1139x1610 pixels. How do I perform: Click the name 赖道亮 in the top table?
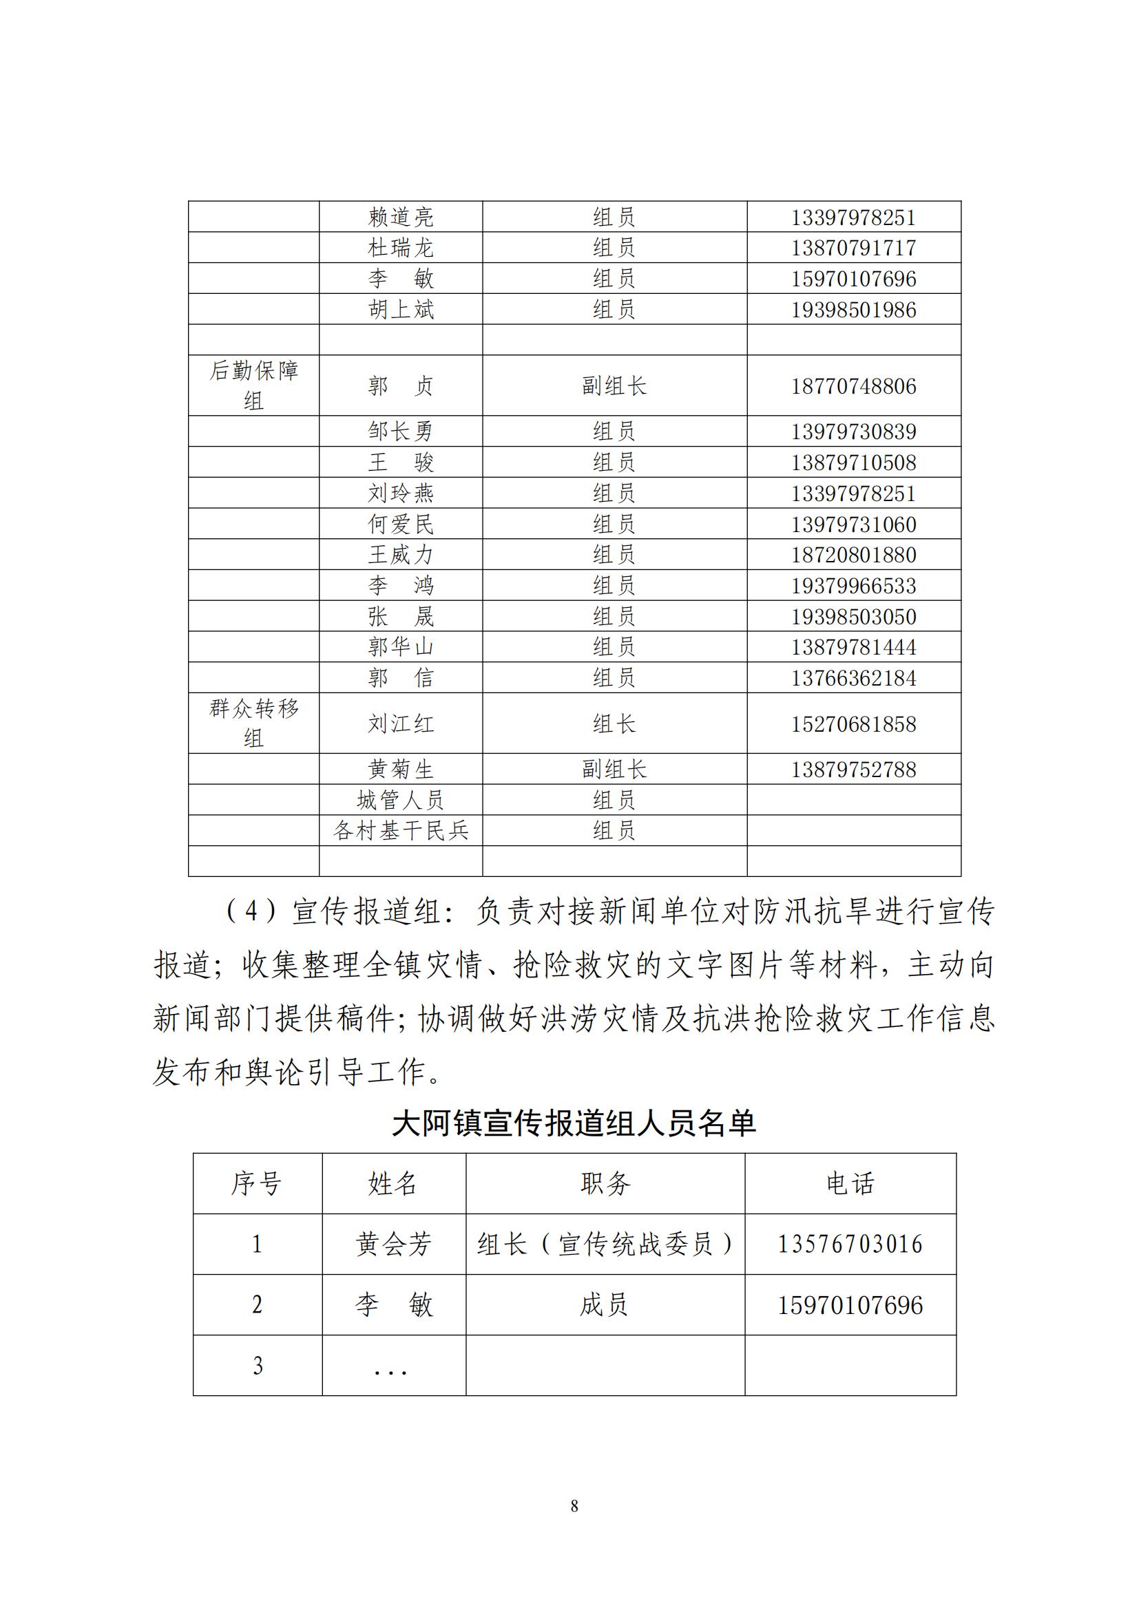pos(401,218)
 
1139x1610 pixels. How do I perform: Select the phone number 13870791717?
pos(853,248)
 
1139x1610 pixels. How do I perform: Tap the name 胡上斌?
pos(401,309)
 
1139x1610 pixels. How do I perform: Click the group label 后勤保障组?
pos(254,385)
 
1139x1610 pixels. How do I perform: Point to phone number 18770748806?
pos(853,386)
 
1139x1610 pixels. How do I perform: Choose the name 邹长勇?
pos(401,432)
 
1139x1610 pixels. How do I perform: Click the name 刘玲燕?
pos(401,493)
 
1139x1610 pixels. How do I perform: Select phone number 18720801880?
pos(853,555)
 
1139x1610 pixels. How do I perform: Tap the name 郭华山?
pos(401,646)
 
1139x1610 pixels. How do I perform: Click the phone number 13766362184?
pos(853,678)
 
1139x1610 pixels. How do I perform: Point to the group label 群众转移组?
pos(254,723)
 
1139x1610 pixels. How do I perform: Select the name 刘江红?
pos(401,723)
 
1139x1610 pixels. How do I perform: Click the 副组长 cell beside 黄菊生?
pos(614,770)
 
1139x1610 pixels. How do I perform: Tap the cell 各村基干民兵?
pos(401,830)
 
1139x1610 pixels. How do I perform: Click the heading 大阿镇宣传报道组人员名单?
pos(574,1123)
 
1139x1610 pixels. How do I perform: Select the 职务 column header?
pos(605,1184)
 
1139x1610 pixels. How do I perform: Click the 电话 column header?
pos(850,1184)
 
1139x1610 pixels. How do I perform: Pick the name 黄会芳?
pos(393,1244)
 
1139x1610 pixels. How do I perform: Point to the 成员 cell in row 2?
pos(604,1304)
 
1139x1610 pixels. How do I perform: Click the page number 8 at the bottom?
pos(574,1505)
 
